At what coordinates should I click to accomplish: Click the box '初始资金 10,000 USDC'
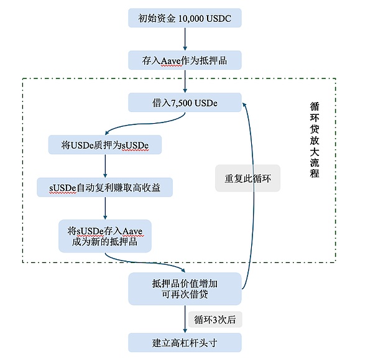click(185, 18)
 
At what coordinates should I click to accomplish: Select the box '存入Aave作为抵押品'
click(185, 60)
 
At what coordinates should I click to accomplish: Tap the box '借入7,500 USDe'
click(185, 103)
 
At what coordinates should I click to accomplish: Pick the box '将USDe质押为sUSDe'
click(104, 145)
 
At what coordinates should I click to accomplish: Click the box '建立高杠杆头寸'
click(185, 342)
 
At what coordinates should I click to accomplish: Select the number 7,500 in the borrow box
click(181, 103)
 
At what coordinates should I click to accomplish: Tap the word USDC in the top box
click(219, 19)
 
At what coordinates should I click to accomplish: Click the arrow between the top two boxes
click(185, 39)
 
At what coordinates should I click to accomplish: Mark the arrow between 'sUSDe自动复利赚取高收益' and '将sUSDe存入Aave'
click(104, 208)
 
